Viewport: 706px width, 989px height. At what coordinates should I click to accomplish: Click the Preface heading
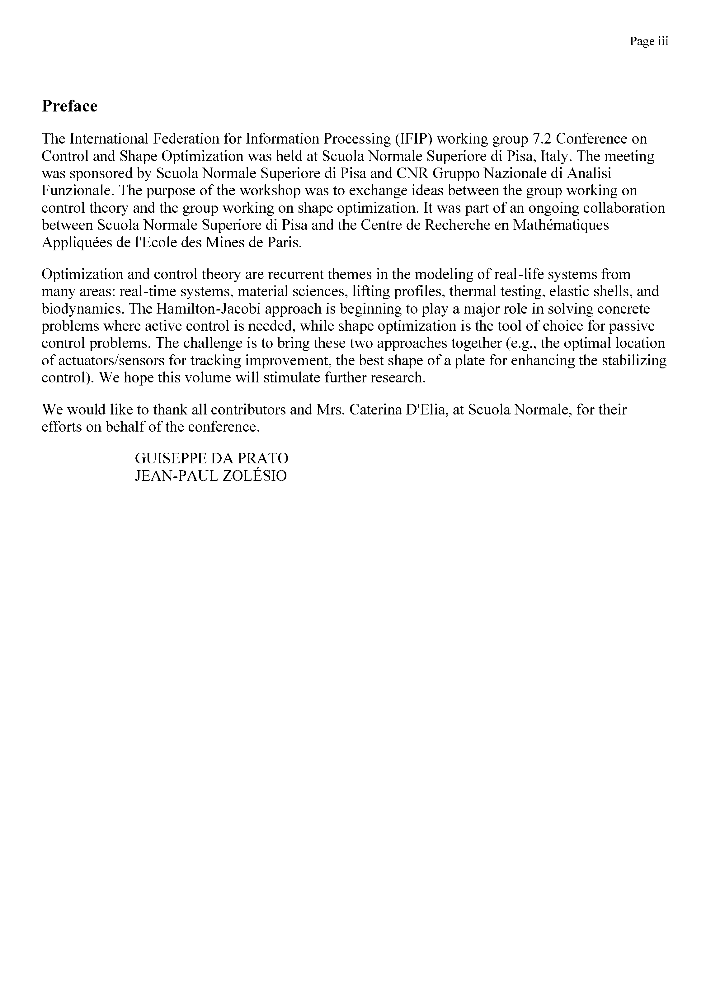(x=69, y=106)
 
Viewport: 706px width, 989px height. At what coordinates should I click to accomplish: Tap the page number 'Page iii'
(x=649, y=41)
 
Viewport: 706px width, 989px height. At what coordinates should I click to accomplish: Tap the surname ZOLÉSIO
(x=254, y=476)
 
